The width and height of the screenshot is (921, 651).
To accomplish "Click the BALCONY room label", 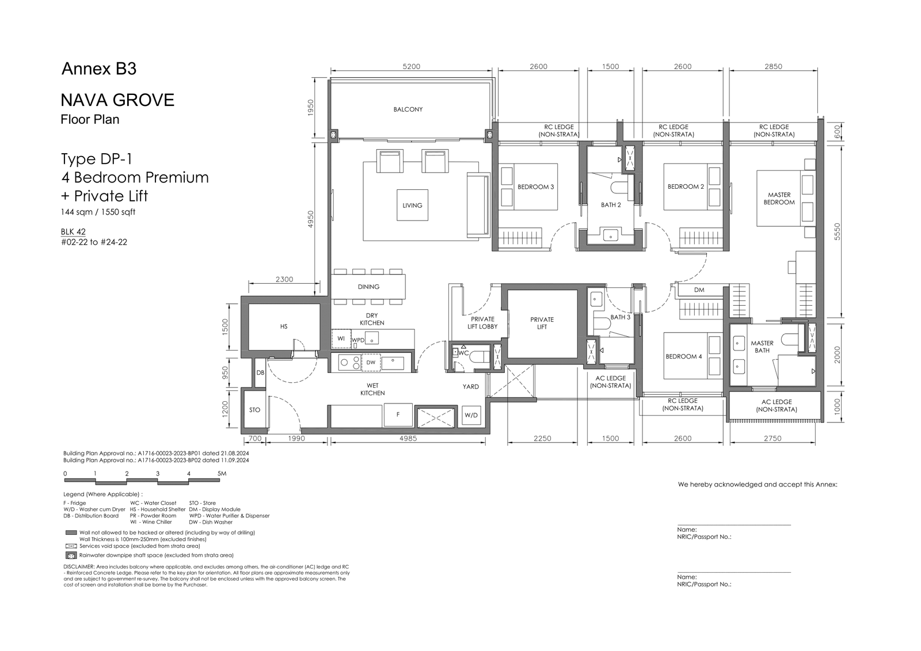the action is pos(408,109).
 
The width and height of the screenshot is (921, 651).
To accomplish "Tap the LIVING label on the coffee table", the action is pos(412,205).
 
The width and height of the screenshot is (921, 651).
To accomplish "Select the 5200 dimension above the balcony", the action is pos(411,67).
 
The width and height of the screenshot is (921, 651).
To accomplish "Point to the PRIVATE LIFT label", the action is pos(542,323).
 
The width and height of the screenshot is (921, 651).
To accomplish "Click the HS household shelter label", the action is pos(284,326).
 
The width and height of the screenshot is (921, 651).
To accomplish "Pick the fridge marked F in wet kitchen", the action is pos(398,414).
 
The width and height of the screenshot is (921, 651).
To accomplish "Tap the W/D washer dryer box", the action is pos(471,416).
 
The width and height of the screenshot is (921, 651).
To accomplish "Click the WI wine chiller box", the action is pos(341,339).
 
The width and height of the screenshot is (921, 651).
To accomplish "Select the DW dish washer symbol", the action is pos(371,362).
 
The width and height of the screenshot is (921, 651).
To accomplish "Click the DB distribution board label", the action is pos(260,372).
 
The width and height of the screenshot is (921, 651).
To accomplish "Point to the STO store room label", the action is pos(254,410).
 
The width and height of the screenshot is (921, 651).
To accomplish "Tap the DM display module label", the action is pos(699,290).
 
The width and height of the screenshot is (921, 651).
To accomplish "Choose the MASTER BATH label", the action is pos(762,347).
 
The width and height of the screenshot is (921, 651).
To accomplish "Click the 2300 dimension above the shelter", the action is pos(284,279).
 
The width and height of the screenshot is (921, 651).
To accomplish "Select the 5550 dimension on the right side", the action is pos(838,231).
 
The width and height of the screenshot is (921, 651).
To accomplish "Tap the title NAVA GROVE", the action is pos(117,100).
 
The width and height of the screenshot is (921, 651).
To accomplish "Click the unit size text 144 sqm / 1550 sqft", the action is pos(98,212).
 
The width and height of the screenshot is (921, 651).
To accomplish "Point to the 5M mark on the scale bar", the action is pos(222,473).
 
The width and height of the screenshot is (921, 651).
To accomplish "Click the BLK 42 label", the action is pos(73,231).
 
